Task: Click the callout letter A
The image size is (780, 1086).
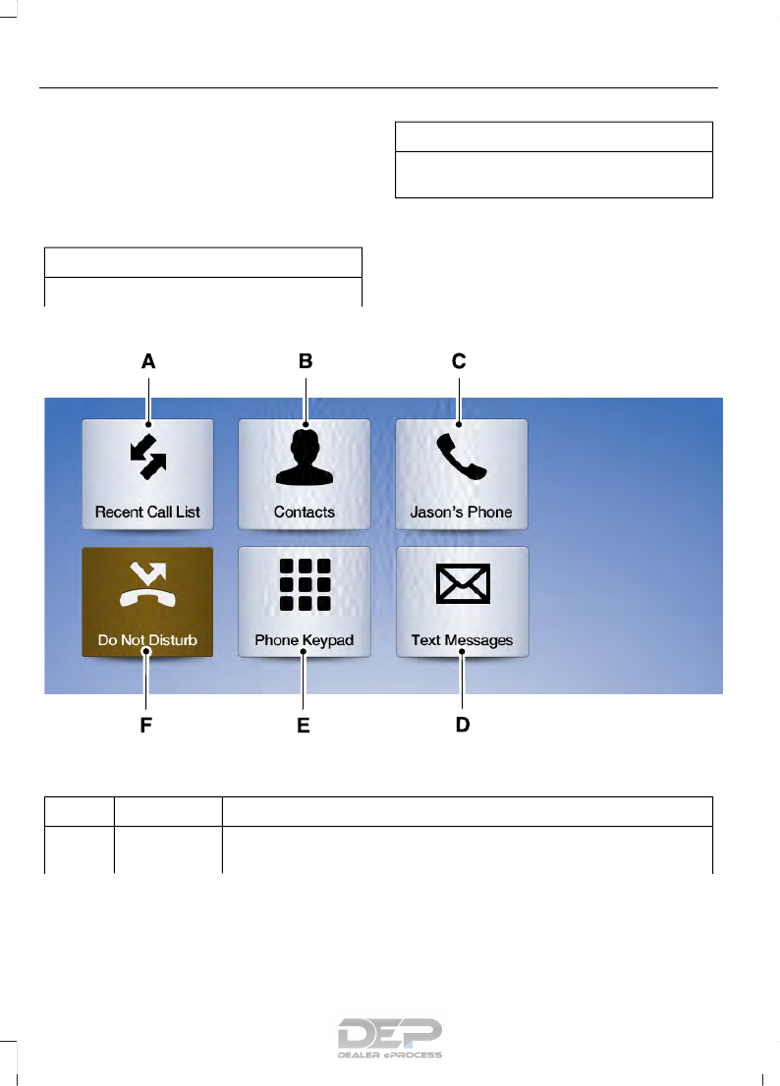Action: tap(147, 361)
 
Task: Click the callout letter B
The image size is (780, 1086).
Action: tap(306, 361)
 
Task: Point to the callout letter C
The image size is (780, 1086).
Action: tap(459, 361)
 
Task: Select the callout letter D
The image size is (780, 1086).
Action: tap(462, 726)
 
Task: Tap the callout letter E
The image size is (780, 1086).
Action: tap(304, 726)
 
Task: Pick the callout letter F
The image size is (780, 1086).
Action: tap(145, 726)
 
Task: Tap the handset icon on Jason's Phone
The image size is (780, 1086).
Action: tap(462, 459)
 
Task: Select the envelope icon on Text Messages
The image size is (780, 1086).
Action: tap(462, 587)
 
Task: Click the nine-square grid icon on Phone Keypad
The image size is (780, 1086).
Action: tap(305, 587)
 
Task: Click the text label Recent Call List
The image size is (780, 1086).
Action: tap(147, 513)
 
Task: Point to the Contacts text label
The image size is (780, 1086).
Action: tap(305, 513)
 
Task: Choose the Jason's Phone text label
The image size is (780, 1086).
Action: tap(462, 513)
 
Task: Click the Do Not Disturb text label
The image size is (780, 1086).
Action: tap(147, 641)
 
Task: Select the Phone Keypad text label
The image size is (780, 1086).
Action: tap(305, 641)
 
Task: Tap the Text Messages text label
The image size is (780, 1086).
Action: tap(462, 641)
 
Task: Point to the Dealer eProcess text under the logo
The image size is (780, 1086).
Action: tap(390, 1056)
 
